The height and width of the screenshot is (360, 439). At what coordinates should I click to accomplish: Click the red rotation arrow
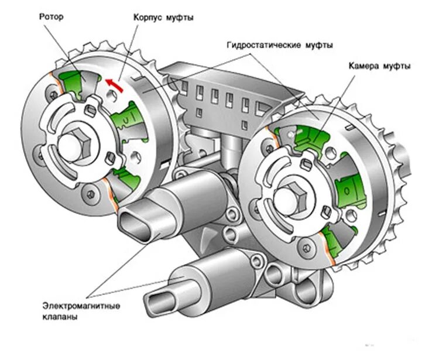[x=115, y=85]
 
